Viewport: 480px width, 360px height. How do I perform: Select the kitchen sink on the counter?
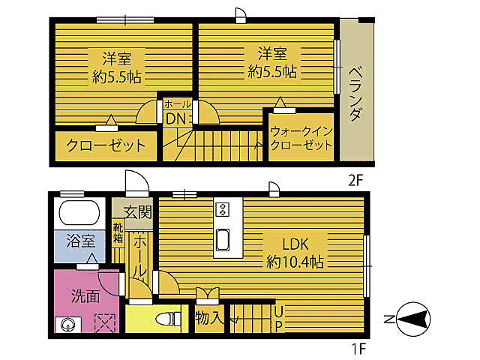pos(223,240)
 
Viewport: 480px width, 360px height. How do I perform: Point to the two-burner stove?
pos(222,209)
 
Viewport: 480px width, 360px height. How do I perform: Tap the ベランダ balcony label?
pos(355,94)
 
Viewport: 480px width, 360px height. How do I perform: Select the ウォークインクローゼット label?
pos(301,138)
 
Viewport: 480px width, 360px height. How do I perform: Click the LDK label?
pos(295,244)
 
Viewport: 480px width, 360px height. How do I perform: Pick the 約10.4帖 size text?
pos(295,262)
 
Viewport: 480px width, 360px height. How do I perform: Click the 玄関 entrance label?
pos(138,211)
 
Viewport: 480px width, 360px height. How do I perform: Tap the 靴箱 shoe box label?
pos(118,233)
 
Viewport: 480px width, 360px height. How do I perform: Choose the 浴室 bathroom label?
pos(81,241)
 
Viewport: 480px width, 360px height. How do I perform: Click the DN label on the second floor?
pos(175,118)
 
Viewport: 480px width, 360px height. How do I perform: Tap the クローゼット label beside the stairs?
pos(106,145)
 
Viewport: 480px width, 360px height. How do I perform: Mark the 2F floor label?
pos(355,181)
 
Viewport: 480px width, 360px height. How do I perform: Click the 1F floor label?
pos(358,348)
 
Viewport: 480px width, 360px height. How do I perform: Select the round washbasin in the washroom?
pos(67,325)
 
